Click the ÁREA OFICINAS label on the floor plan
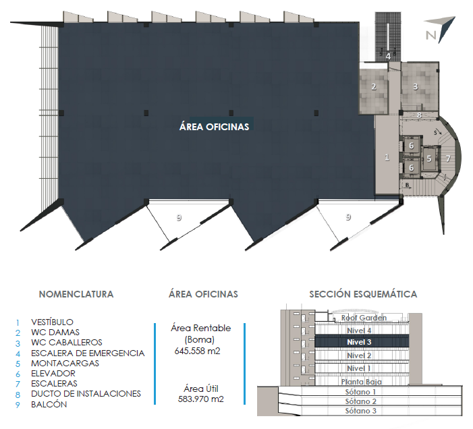pyautogui.click(x=214, y=127)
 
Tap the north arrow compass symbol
pyautogui.click(x=440, y=29)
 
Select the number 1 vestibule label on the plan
pyautogui.click(x=387, y=157)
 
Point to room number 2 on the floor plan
pyautogui.click(x=374, y=87)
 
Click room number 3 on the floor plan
pyautogui.click(x=416, y=86)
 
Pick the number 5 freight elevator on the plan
pyautogui.click(x=428, y=159)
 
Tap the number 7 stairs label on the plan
pyautogui.click(x=448, y=159)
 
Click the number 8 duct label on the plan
pyautogui.click(x=419, y=115)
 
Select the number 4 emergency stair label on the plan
pyautogui.click(x=388, y=57)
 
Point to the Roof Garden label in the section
pyautogui.click(x=364, y=318)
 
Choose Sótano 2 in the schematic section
pyautogui.click(x=361, y=401)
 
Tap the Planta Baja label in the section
pyautogui.click(x=362, y=382)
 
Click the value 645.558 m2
pyautogui.click(x=197, y=351)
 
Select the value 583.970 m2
pyautogui.click(x=200, y=399)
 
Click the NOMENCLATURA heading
pyautogui.click(x=76, y=294)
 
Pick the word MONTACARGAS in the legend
pyautogui.click(x=65, y=364)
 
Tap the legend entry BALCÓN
pyautogui.click(x=49, y=404)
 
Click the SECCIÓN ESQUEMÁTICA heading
pyautogui.click(x=363, y=294)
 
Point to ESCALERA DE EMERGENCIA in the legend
pyautogui.click(x=88, y=353)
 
